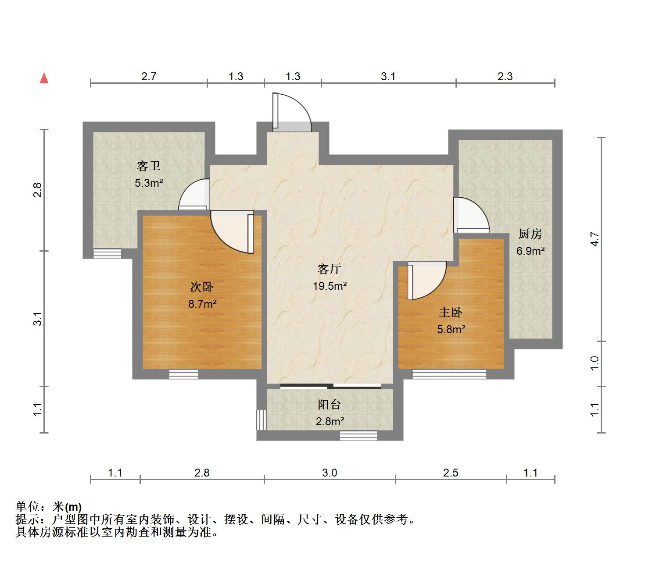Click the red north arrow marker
pyautogui.click(x=44, y=78)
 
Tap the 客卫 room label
pyautogui.click(x=149, y=166)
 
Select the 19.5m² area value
pyautogui.click(x=330, y=286)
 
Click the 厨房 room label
pyautogui.click(x=530, y=234)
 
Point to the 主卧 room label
pyautogui.click(x=451, y=313)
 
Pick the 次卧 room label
pyautogui.click(x=202, y=287)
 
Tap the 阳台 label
pyautogui.click(x=330, y=404)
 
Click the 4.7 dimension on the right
pyautogui.click(x=595, y=239)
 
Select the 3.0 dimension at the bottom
pyautogui.click(x=330, y=473)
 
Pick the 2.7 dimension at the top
pyautogui.click(x=149, y=77)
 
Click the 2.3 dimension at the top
pyautogui.click(x=505, y=77)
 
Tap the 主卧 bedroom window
pyautogui.click(x=449, y=374)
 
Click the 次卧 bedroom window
pyautogui.click(x=183, y=374)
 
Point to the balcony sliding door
pyautogui.click(x=331, y=386)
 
